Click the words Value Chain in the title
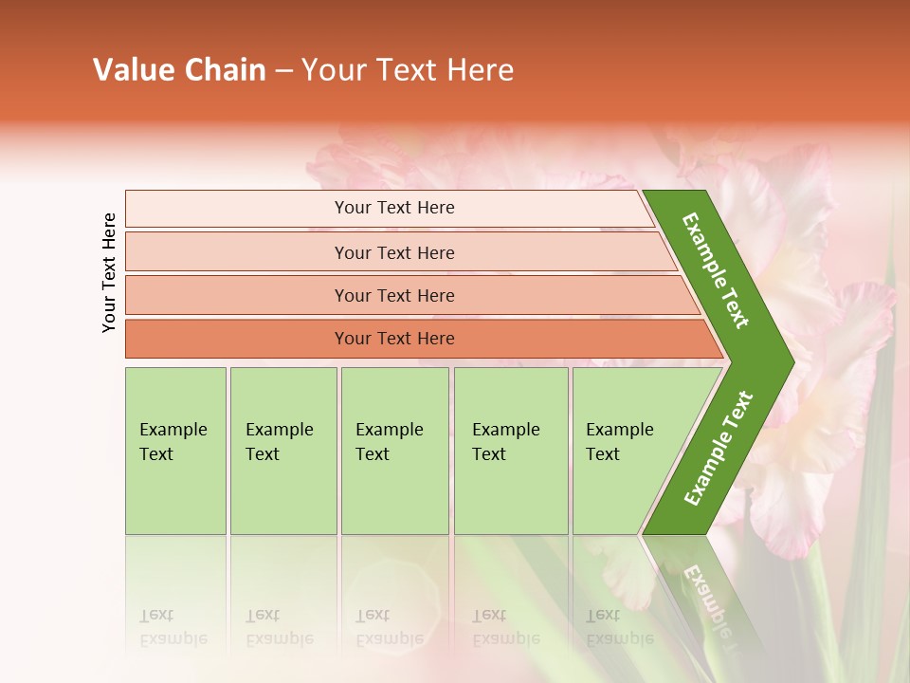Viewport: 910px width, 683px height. point(179,70)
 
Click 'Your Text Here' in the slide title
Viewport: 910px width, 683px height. point(408,70)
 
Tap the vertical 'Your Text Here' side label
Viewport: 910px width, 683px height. point(109,272)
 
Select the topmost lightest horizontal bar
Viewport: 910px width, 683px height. point(393,208)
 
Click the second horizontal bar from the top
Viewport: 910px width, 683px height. point(393,252)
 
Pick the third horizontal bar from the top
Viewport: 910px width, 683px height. point(393,295)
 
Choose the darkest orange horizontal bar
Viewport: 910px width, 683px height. point(393,339)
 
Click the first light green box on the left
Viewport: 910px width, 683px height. point(175,451)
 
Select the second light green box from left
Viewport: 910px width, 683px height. point(282,451)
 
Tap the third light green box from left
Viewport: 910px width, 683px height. point(394,451)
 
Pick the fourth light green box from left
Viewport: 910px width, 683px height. point(511,451)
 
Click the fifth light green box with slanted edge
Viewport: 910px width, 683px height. point(626,451)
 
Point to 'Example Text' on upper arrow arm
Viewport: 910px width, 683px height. point(716,270)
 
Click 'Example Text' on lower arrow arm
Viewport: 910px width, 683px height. point(718,449)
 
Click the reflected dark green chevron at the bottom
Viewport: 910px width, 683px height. point(706,593)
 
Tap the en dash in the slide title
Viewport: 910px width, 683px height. point(283,71)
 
